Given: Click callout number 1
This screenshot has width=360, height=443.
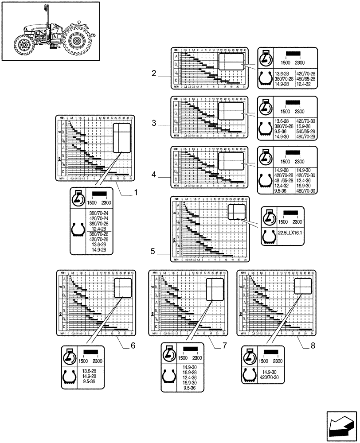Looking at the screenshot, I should pos(136,193).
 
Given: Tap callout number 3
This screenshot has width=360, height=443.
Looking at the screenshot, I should pos(154,124).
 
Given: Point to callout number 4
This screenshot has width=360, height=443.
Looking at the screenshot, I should pos(154,175).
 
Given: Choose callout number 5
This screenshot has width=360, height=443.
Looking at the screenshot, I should pos(153,252).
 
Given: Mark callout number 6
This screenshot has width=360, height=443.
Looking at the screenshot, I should pos(132,346).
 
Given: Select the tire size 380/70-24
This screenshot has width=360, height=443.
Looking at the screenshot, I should pos(99,214).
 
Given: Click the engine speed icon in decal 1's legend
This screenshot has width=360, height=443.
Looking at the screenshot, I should pos(78,198).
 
